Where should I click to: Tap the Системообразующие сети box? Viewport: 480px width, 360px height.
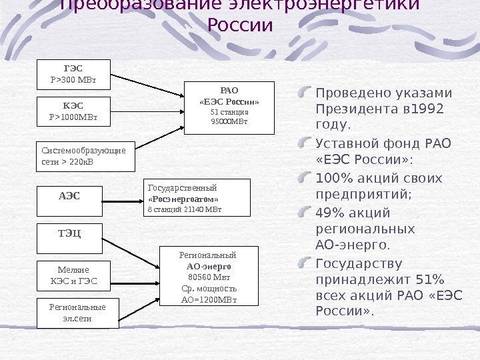[x=83, y=155]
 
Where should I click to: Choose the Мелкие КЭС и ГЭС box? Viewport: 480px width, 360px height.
[x=74, y=275]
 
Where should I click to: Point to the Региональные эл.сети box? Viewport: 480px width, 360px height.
[x=78, y=313]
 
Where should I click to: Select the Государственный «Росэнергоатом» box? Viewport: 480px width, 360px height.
[x=197, y=197]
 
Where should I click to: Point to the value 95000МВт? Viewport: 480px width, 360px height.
[x=229, y=122]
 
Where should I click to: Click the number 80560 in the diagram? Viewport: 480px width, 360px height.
[x=200, y=277]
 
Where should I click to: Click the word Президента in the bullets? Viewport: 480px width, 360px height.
[x=353, y=109]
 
